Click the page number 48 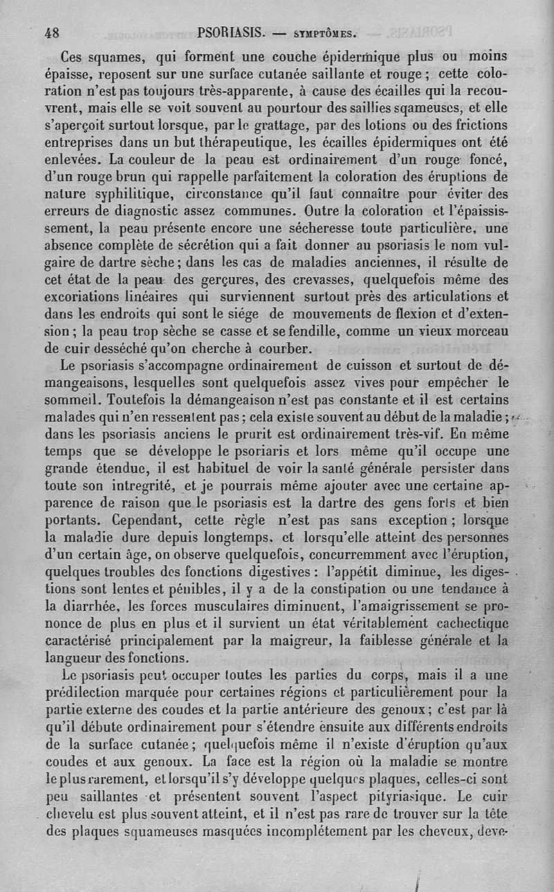(52, 32)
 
